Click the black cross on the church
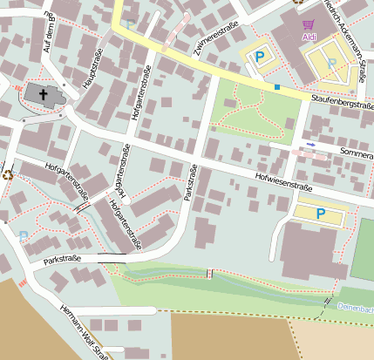click(44, 92)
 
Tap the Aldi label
click(309, 37)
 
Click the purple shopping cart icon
click(308, 24)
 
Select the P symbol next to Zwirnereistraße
click(259, 57)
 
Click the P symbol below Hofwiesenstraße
click(320, 213)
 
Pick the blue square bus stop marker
click(277, 87)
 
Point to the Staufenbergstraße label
click(342, 103)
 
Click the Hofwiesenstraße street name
click(283, 178)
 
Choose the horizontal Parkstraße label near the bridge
click(62, 259)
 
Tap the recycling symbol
click(8, 173)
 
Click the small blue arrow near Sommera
click(310, 144)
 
